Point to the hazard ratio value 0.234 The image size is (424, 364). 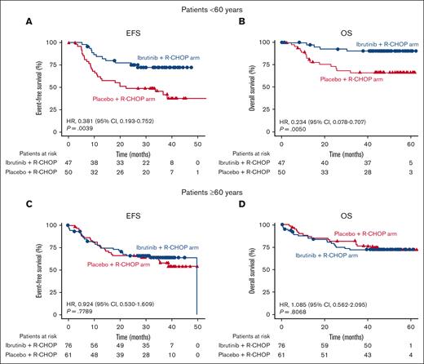(x=307, y=120)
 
